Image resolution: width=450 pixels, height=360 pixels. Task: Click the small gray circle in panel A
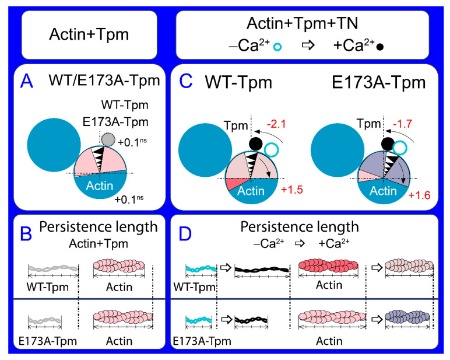coord(107,139)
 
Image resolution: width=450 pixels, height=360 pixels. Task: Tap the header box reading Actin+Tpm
coord(89,36)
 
